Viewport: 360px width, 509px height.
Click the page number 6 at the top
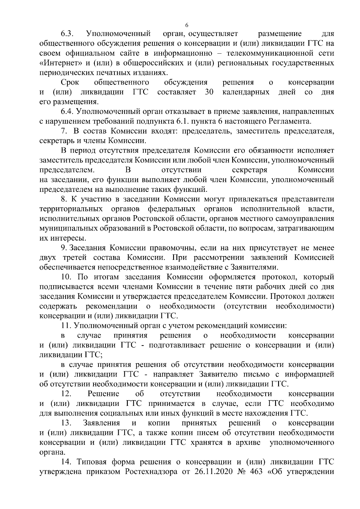point(187,25)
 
